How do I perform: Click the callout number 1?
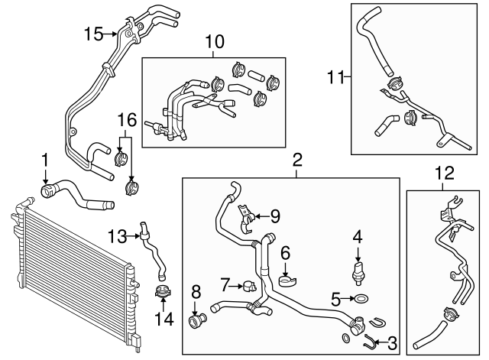click(45, 160)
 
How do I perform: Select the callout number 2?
click(297, 160)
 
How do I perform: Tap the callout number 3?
click(393, 344)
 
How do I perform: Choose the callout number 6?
click(285, 251)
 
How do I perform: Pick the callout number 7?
click(225, 285)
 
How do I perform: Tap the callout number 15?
click(93, 34)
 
